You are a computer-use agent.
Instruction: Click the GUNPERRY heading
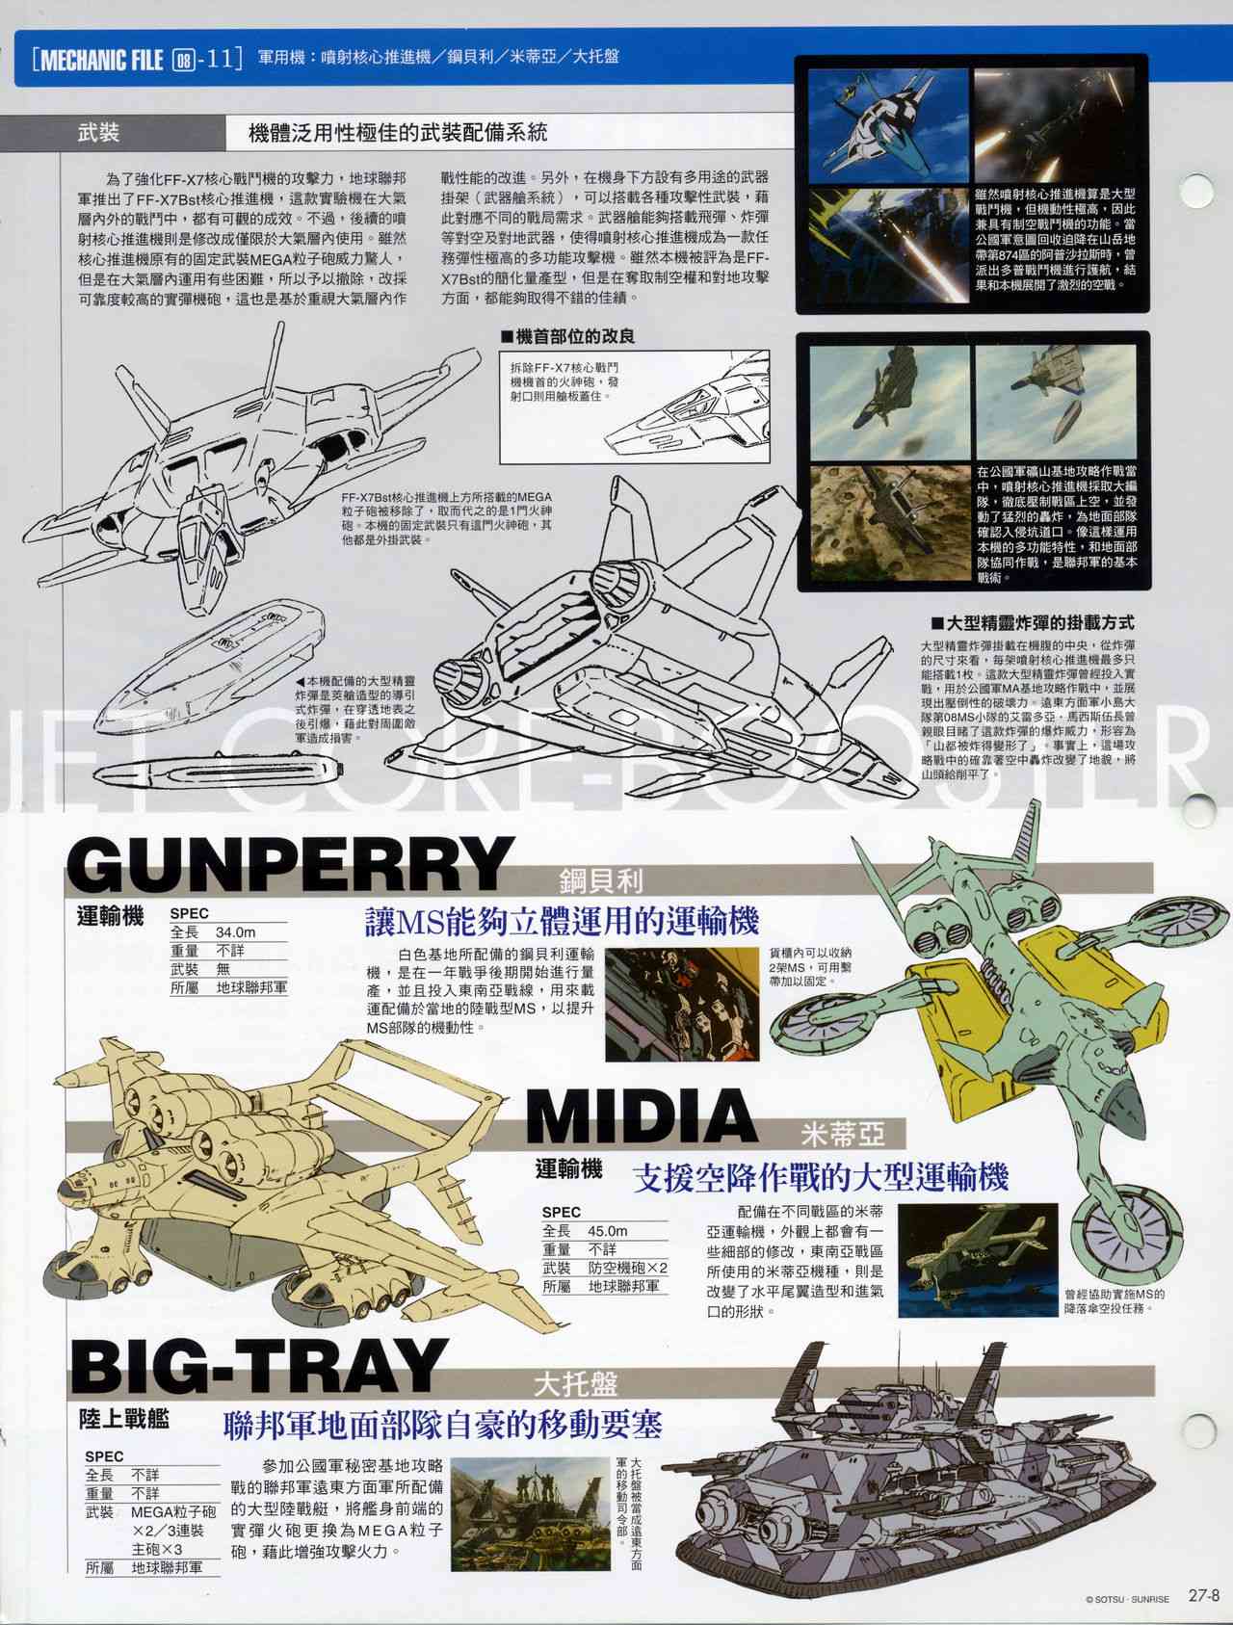point(286,864)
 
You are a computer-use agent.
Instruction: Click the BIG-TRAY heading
point(255,1366)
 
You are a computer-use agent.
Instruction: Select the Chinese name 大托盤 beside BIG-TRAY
point(574,1384)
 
